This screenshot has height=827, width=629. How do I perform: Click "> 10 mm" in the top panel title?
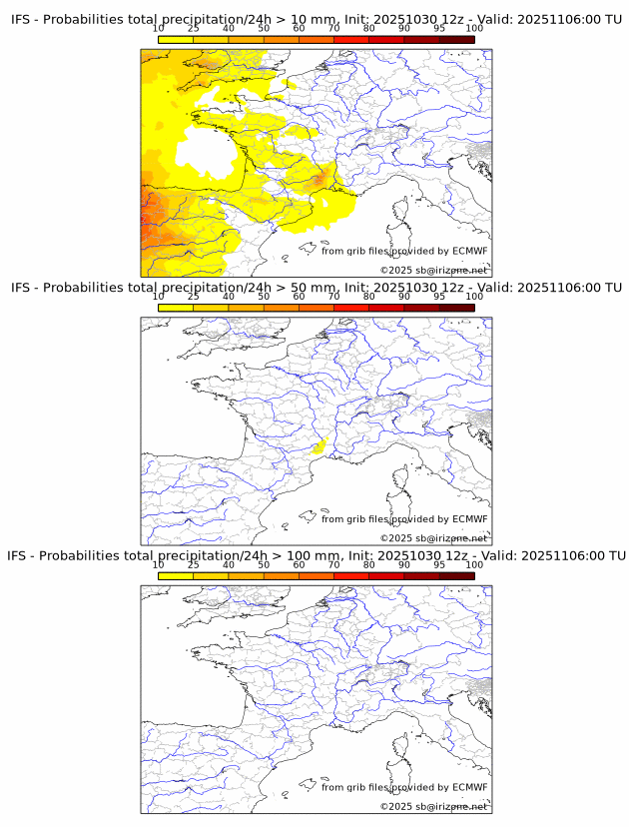click(x=310, y=19)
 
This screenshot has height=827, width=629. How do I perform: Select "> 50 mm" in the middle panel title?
click(x=310, y=288)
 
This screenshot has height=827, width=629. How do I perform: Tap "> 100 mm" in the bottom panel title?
click(x=313, y=555)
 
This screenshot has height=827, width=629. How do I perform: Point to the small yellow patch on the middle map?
click(x=318, y=448)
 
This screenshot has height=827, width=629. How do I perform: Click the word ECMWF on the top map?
click(x=469, y=251)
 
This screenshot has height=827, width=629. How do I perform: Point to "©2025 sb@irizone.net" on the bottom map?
click(x=433, y=806)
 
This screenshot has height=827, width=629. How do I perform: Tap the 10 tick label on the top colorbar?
click(x=159, y=29)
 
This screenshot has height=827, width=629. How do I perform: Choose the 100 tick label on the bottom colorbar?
click(x=474, y=564)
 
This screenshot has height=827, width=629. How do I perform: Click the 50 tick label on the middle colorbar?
click(x=264, y=297)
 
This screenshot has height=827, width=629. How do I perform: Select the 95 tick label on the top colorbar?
click(x=439, y=29)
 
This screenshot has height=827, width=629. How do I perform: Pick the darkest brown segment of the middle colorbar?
click(x=456, y=308)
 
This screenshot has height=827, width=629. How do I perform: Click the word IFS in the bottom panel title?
click(x=21, y=555)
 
